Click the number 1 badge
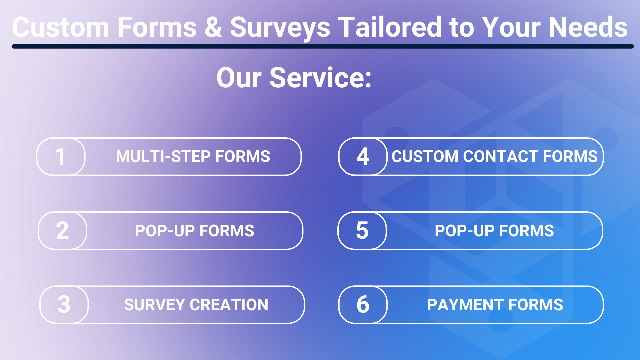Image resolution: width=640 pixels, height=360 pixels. click(61, 156)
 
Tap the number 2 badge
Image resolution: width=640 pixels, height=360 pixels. click(62, 230)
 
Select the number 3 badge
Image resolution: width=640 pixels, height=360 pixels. click(64, 304)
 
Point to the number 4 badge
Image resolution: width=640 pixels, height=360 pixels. click(363, 156)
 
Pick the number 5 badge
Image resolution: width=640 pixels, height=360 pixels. click(362, 230)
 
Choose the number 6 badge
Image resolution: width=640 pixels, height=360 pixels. click(363, 304)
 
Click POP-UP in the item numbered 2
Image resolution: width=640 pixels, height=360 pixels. click(165, 231)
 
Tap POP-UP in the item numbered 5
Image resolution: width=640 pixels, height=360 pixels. click(464, 231)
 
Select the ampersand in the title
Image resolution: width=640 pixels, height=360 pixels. click(213, 27)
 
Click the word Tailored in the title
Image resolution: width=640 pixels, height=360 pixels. click(390, 27)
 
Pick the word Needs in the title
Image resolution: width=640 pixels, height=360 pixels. click(588, 27)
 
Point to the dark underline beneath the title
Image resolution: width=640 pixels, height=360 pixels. click(323, 47)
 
